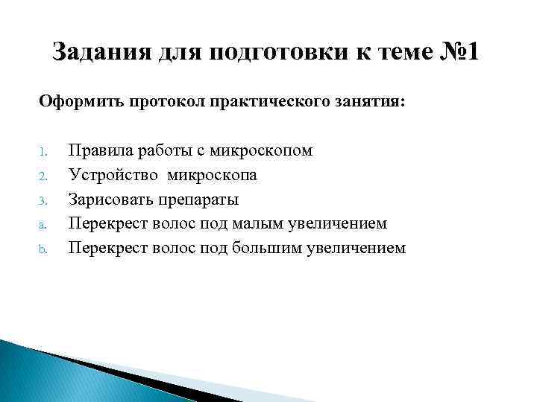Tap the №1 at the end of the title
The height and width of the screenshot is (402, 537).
457,54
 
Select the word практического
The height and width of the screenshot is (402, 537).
274,100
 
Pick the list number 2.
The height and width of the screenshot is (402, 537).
43,176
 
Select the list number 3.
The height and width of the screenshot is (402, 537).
43,200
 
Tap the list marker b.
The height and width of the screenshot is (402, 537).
43,249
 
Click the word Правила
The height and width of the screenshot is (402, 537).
97,151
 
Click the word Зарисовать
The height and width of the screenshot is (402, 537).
110,200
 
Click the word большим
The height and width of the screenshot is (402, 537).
273,248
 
